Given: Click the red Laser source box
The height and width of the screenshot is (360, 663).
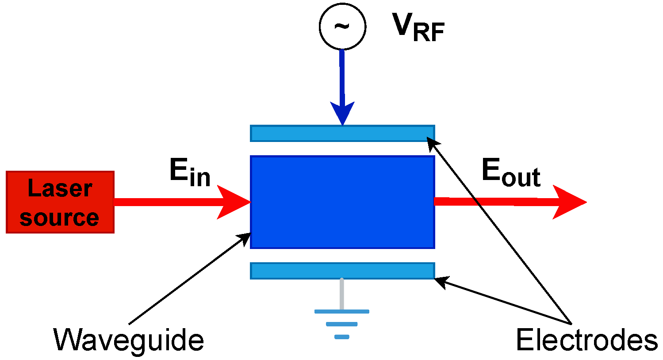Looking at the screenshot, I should pyautogui.click(x=60, y=202).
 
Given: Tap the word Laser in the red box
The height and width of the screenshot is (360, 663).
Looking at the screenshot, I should pyautogui.click(x=60, y=188).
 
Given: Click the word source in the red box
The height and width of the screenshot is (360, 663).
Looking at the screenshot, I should pyautogui.click(x=59, y=218).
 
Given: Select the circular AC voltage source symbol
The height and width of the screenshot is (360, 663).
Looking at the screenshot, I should pyautogui.click(x=342, y=26).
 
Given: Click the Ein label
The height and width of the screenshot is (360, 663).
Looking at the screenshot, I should pyautogui.click(x=189, y=172).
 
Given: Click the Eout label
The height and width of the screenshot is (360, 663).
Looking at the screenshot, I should pyautogui.click(x=511, y=172).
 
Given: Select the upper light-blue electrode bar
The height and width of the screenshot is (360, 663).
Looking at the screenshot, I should pyautogui.click(x=342, y=133).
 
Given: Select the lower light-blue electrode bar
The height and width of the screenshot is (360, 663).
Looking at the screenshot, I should pyautogui.click(x=342, y=271).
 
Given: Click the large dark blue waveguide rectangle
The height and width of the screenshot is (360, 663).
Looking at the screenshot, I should pyautogui.click(x=342, y=202).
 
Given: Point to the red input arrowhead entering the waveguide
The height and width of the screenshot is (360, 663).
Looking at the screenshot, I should pyautogui.click(x=234, y=202).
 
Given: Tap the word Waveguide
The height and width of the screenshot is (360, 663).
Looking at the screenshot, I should pyautogui.click(x=128, y=340).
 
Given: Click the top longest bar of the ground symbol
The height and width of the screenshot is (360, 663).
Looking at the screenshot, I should pyautogui.click(x=342, y=311).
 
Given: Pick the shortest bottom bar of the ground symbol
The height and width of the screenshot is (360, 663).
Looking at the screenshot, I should pyautogui.click(x=342, y=337).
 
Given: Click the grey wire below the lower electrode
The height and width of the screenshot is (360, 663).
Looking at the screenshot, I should pyautogui.click(x=342, y=294).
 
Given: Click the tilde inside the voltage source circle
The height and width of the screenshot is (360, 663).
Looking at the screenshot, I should pyautogui.click(x=341, y=26).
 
